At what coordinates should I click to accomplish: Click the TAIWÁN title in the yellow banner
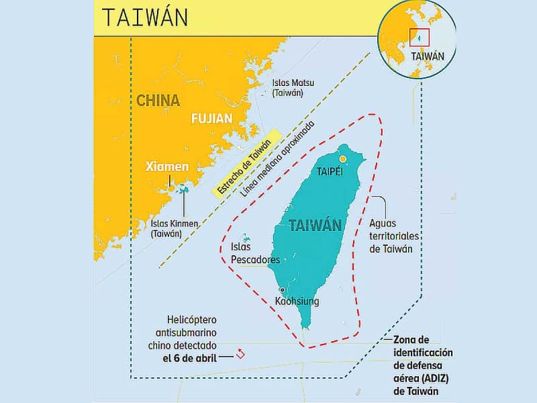pos(145,17)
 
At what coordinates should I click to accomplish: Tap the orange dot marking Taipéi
pos(343,159)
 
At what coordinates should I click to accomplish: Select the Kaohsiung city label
pos(297,302)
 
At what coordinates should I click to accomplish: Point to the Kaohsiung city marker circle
pos(283,289)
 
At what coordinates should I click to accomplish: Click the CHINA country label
pos(158,101)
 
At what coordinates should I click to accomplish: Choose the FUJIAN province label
pos(211,119)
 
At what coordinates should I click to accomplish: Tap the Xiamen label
pos(167,167)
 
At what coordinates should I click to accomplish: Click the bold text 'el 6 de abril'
pos(189,358)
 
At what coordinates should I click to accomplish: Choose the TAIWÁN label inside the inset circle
pos(426,56)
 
